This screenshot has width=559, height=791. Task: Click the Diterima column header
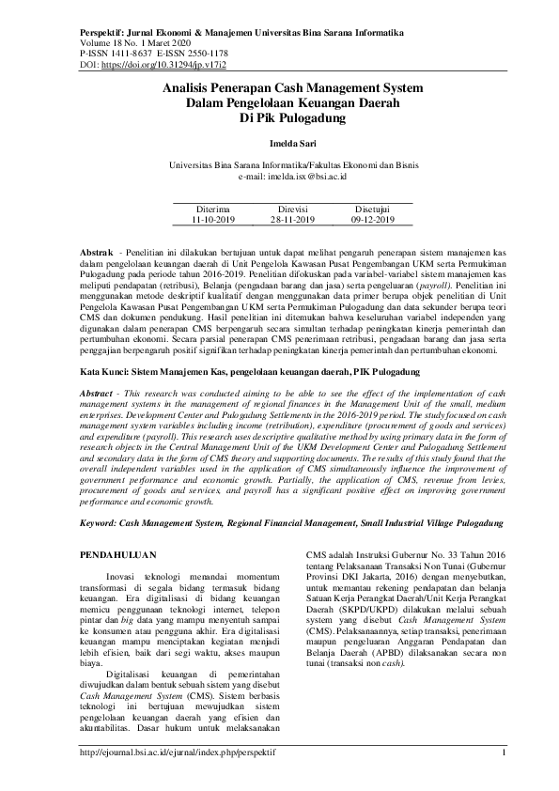pyautogui.click(x=211, y=209)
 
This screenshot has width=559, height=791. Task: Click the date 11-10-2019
pyautogui.click(x=212, y=220)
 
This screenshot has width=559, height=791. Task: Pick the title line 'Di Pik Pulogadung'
pyautogui.click(x=279, y=118)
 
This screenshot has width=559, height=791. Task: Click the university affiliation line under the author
pyautogui.click(x=279, y=164)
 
